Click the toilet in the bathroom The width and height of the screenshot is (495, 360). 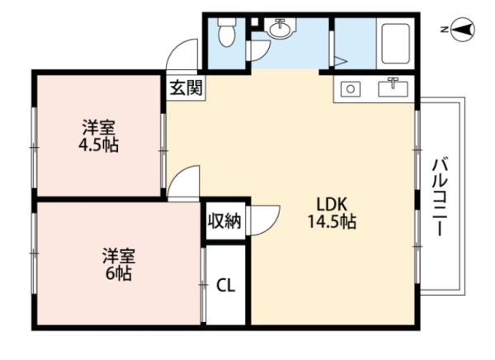click(227, 32)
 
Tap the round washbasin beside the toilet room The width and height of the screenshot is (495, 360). click(280, 28)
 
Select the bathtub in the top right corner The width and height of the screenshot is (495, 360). click(395, 44)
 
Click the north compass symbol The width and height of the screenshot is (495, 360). click(464, 30)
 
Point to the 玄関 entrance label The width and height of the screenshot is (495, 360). click(186, 88)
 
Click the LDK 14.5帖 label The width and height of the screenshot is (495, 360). click(332, 213)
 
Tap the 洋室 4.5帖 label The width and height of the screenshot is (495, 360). click(98, 136)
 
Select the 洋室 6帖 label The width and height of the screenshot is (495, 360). click(119, 264)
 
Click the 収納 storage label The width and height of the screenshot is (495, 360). click(224, 221)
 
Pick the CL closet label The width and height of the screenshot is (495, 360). click(226, 286)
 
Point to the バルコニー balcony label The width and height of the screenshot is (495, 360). click(441, 197)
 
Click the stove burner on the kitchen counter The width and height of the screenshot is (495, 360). click(351, 89)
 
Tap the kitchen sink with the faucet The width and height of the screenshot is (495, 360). click(393, 88)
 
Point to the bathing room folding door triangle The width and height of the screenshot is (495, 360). click(340, 61)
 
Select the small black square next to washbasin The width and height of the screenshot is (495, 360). click(253, 22)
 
